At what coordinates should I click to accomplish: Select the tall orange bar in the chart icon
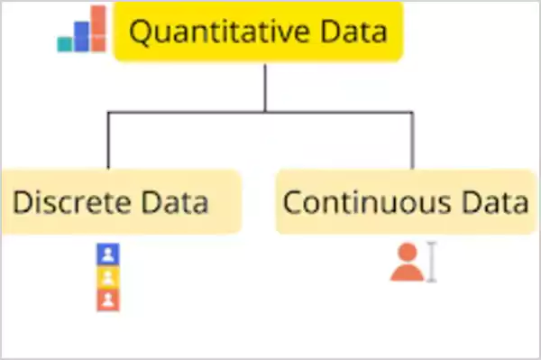pyautogui.click(x=97, y=28)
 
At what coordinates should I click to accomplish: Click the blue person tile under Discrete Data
pyautogui.click(x=107, y=254)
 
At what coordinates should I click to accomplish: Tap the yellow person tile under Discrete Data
pyautogui.click(x=107, y=277)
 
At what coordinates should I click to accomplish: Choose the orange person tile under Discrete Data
pyautogui.click(x=107, y=300)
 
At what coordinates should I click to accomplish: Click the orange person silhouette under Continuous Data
pyautogui.click(x=407, y=263)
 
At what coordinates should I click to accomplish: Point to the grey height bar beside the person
pyautogui.click(x=432, y=263)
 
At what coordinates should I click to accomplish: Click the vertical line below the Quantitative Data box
pyautogui.click(x=265, y=86)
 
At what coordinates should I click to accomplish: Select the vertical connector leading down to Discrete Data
pyautogui.click(x=108, y=140)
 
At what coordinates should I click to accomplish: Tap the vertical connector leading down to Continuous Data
pyautogui.click(x=413, y=140)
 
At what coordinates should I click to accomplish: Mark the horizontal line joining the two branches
pyautogui.click(x=261, y=112)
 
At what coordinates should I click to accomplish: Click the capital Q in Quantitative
pyautogui.click(x=141, y=33)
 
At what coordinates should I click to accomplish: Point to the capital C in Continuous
pyautogui.click(x=293, y=201)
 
